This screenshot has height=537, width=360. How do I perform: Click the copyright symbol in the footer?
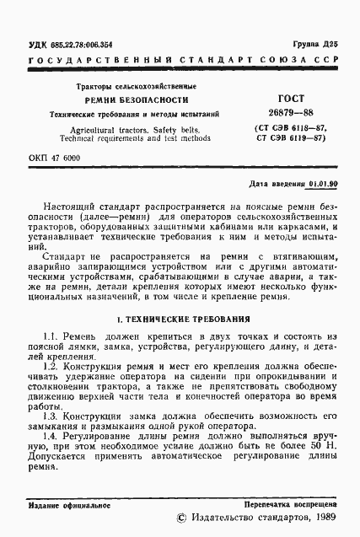pyautogui.click(x=180, y=520)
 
